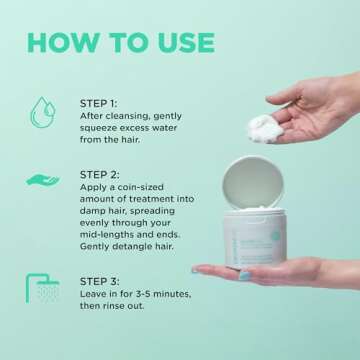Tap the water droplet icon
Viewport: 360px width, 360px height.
pyautogui.click(x=41, y=111)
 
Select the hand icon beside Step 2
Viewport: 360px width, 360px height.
pyautogui.click(x=42, y=181)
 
